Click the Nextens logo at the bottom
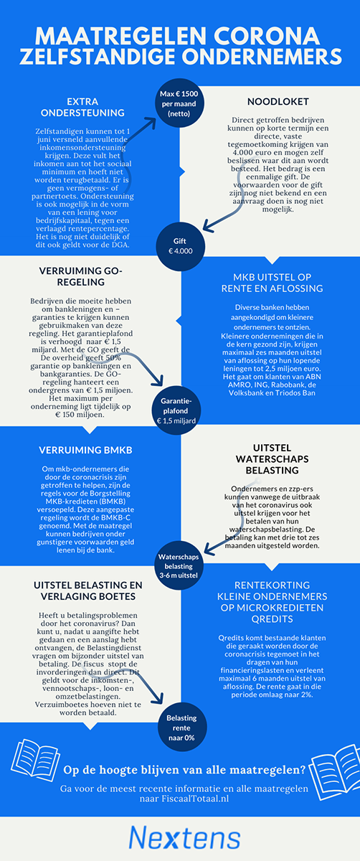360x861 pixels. pos(184,837)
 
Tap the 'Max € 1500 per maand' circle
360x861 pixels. pos(179,103)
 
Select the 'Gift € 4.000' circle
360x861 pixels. pos(180,246)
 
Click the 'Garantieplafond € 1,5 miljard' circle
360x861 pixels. pos(176,410)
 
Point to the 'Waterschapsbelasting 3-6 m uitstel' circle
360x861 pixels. pos(179,566)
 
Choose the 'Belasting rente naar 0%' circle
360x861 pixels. pos(181,728)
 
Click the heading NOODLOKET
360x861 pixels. pos(278,101)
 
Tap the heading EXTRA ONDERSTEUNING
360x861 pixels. pos(82,107)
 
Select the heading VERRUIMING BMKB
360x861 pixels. pos(85,450)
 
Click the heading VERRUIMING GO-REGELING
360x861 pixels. pos(81,276)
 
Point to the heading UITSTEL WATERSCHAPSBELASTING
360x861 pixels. pos(272,459)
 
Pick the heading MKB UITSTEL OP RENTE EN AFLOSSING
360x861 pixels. pos(272,283)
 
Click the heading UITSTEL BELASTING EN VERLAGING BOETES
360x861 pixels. pos(88,591)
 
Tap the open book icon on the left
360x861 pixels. pos(36,760)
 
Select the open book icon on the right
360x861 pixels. pos(335,773)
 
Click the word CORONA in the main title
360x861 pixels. pos(267,36)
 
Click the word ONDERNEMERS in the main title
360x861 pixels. pos(262,57)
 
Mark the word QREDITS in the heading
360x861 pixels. pos(272,619)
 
